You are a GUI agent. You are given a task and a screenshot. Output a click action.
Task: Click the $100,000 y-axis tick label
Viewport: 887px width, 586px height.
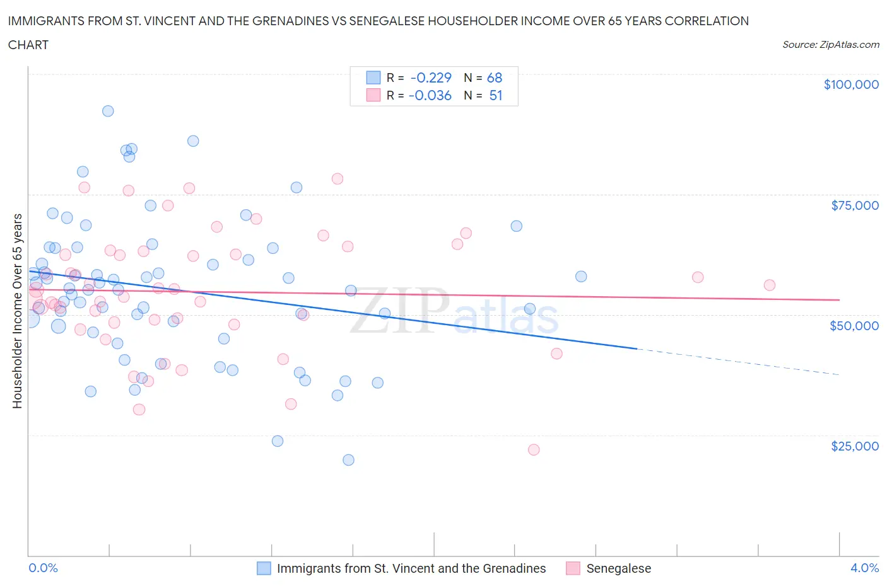[851, 84]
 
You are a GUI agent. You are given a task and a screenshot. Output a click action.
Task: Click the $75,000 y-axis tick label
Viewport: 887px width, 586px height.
[855, 205]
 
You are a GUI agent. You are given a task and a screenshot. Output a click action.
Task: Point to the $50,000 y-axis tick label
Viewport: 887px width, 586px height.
[854, 326]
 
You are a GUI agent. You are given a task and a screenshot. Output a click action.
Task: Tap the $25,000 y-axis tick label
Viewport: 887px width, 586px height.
[855, 446]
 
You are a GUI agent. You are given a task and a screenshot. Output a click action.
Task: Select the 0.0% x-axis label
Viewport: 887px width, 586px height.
[43, 568]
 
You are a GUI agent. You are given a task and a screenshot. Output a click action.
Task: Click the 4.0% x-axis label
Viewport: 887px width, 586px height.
[864, 568]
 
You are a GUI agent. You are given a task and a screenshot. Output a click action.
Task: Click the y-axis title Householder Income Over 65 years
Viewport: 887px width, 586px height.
[18, 311]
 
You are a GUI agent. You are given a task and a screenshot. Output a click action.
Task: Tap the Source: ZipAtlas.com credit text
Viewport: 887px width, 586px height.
[830, 44]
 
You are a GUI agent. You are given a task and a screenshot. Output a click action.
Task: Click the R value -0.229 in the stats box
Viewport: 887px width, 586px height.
[431, 78]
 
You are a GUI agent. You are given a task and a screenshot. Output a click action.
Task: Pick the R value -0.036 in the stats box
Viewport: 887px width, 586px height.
[430, 95]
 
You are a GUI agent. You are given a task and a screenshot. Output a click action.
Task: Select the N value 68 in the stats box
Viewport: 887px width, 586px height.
[495, 78]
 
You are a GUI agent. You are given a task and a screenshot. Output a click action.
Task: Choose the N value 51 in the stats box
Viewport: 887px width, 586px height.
[496, 95]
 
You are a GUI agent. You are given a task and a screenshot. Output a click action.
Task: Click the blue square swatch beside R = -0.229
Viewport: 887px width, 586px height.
[373, 78]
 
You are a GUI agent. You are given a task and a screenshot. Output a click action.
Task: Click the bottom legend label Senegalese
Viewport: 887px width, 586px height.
[618, 568]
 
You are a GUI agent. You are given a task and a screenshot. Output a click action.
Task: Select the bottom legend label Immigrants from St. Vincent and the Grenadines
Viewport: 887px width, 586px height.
[411, 568]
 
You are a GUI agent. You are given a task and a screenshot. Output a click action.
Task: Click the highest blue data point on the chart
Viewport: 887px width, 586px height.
[108, 111]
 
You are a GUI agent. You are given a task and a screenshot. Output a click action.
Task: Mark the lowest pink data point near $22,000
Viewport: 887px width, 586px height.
[534, 450]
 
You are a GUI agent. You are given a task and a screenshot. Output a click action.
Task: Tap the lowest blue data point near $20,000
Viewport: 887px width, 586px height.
[348, 460]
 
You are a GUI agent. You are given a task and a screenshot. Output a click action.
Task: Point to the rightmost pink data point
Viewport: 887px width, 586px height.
[770, 285]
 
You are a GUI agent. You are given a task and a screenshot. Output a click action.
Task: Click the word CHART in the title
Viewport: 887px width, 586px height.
[28, 45]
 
